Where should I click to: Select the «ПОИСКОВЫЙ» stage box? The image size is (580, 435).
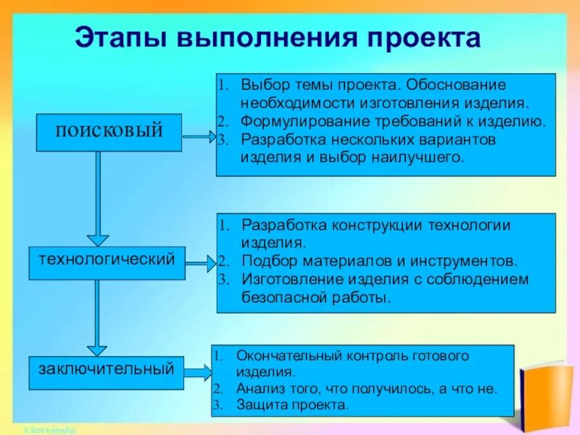click(x=109, y=132)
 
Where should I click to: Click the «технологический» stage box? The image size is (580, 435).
click(x=107, y=261)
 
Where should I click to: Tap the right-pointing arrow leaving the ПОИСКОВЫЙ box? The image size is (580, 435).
click(x=199, y=136)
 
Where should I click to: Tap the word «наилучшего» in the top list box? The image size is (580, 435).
click(x=423, y=157)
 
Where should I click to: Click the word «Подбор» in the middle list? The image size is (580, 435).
click(x=262, y=260)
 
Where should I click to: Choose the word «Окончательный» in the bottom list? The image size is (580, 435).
click(x=278, y=356)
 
